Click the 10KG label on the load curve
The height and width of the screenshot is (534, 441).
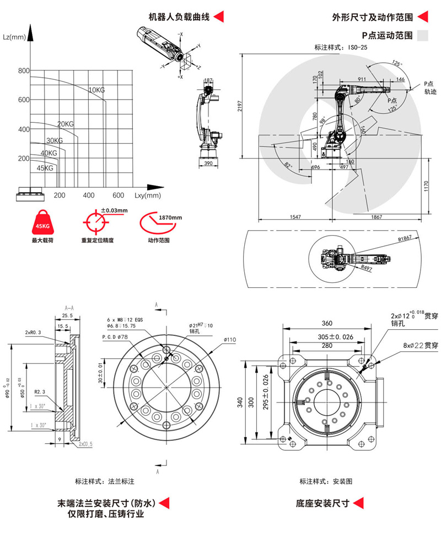pyautogui.click(x=96, y=90)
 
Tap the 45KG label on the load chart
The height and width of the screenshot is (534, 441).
pyautogui.click(x=45, y=168)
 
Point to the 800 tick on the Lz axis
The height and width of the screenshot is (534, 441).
pyautogui.click(x=23, y=71)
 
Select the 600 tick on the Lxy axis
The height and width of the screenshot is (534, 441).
pyautogui.click(x=118, y=195)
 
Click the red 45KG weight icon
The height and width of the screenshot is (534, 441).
pyautogui.click(x=41, y=224)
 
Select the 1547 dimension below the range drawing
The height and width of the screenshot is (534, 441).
pyautogui.click(x=295, y=217)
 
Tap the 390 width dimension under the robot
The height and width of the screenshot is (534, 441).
pyautogui.click(x=208, y=164)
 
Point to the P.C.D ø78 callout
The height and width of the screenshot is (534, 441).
pyautogui.click(x=115, y=336)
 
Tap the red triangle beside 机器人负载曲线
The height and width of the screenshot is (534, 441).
pyautogui.click(x=219, y=17)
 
